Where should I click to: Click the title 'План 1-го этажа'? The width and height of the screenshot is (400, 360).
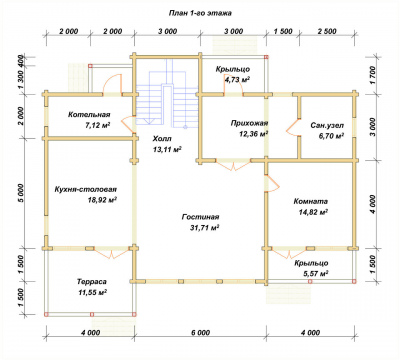click(200, 13)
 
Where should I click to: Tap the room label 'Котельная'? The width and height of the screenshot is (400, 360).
click(89, 115)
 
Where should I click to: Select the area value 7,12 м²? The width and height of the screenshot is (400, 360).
click(98, 125)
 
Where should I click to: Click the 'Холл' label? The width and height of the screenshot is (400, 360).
click(162, 138)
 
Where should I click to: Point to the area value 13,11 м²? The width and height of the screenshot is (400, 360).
click(167, 149)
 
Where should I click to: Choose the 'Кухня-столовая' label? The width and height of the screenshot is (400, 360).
click(86, 189)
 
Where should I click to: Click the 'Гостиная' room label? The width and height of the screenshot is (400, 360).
click(200, 217)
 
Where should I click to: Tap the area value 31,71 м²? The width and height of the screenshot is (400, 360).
click(204, 228)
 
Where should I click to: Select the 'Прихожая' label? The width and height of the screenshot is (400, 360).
click(249, 123)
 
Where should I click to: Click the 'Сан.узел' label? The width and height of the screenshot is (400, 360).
click(327, 126)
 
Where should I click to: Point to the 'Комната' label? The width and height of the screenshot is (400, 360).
click(311, 201)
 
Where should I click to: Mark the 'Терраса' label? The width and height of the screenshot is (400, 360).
click(92, 282)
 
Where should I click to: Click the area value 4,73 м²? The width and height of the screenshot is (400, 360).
click(237, 79)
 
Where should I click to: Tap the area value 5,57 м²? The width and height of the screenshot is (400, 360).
click(316, 274)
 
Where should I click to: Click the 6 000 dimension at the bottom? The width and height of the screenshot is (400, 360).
click(201, 333)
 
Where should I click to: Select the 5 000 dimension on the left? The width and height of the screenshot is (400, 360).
click(22, 193)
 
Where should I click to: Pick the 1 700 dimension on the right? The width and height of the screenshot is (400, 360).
click(373, 75)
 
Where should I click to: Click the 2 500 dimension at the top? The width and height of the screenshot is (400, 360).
click(327, 31)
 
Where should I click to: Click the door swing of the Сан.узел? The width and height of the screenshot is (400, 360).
click(291, 127)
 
